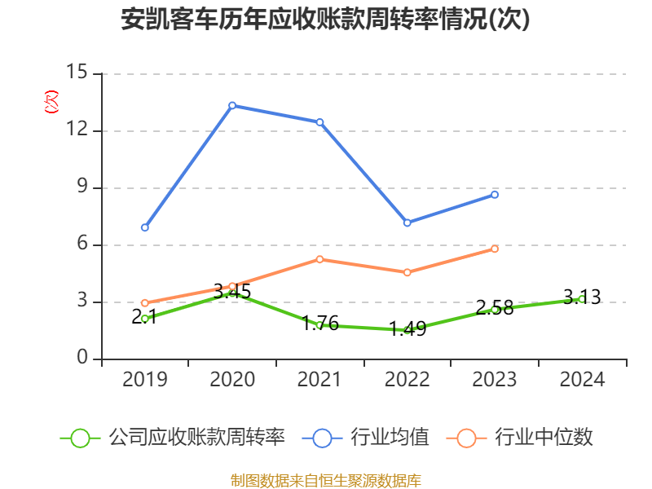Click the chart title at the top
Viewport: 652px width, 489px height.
325,20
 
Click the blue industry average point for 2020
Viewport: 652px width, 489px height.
232,105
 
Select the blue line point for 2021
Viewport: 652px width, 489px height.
319,122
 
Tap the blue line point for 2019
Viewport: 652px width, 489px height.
144,227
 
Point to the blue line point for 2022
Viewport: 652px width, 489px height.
407,222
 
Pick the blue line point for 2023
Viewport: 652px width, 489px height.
495,194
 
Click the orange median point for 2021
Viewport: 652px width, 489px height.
319,259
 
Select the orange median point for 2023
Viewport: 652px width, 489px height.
495,249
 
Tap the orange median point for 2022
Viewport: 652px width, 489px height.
407,272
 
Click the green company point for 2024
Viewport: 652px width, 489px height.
581,299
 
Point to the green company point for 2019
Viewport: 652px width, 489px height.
144,319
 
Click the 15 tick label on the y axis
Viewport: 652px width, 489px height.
77,73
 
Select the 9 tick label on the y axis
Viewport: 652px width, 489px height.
82,187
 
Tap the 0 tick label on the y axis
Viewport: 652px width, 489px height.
82,359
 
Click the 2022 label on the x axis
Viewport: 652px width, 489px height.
407,380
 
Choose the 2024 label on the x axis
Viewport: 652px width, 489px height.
582,380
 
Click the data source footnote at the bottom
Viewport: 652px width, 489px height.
325,480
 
